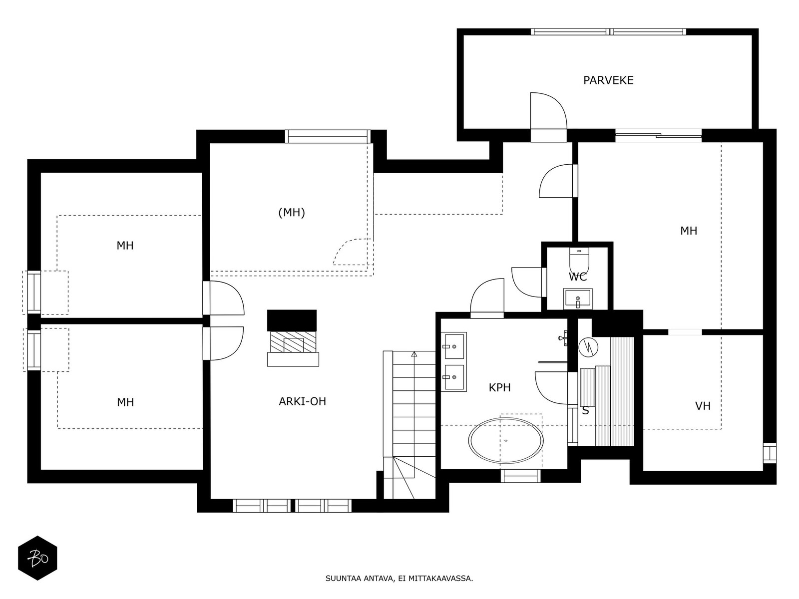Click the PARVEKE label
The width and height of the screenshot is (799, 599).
608,80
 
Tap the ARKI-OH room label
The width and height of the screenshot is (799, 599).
303,401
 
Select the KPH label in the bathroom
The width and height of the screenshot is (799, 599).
499,388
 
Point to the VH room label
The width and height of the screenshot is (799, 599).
703,406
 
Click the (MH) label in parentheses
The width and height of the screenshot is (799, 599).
292,213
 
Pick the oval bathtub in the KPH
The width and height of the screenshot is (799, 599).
506,440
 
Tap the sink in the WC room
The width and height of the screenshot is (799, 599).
578,299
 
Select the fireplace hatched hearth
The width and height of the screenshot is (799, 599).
293,342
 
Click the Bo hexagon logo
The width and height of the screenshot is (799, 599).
37,558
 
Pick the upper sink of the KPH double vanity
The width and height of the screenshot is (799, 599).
453,346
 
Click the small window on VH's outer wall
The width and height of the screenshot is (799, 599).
770,453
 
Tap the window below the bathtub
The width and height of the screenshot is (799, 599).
520,476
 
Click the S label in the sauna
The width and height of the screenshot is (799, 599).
585,410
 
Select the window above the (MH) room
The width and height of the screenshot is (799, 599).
328,136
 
